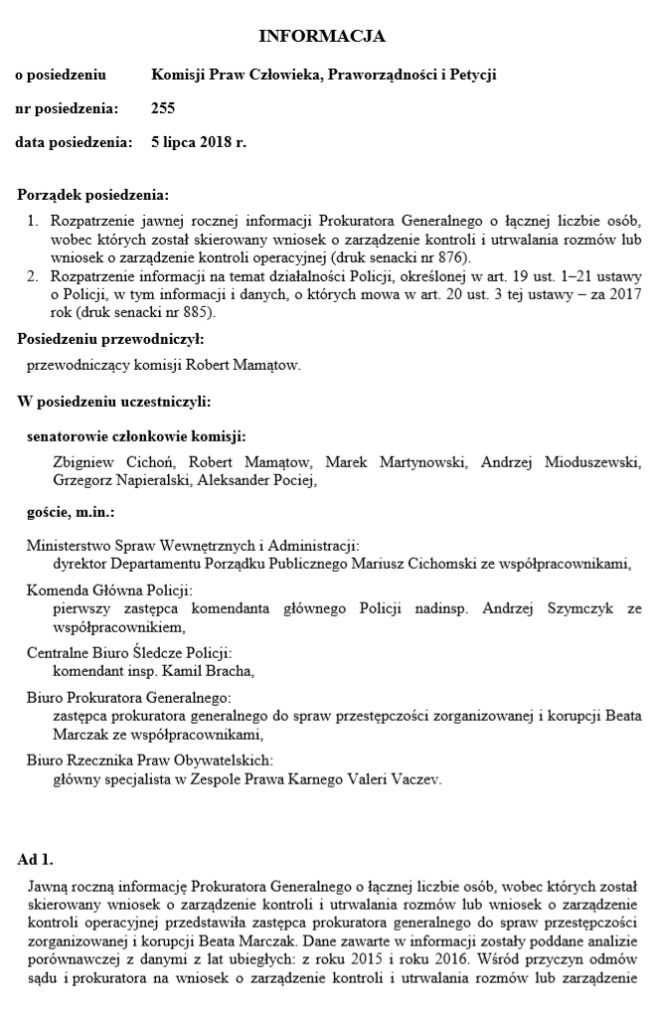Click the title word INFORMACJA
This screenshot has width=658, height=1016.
321,37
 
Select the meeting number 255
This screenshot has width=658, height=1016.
163,108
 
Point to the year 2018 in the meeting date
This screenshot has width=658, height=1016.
213,142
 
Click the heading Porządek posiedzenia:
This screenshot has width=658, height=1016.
92,195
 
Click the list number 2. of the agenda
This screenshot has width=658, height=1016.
33,274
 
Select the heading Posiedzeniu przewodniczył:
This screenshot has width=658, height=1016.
110,339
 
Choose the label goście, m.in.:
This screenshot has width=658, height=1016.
71,513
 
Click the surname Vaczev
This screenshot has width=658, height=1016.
413,779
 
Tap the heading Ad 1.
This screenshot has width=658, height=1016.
36,858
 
